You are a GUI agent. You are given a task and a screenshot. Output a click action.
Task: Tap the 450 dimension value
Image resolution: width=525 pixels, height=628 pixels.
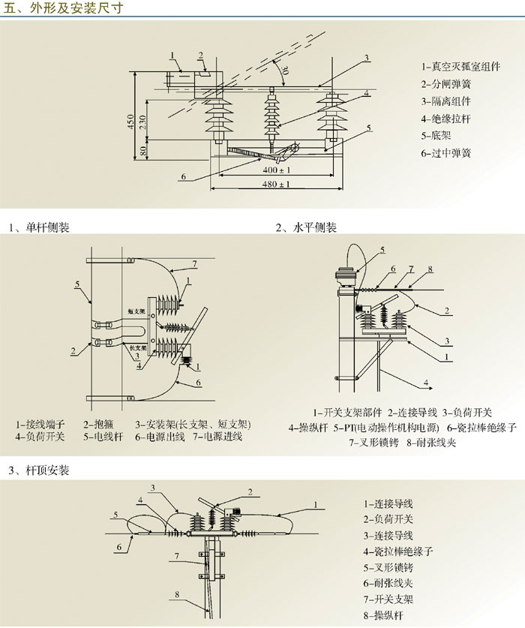coord(131,121)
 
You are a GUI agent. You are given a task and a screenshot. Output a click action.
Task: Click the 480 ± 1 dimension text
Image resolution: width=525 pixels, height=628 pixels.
coord(276,185)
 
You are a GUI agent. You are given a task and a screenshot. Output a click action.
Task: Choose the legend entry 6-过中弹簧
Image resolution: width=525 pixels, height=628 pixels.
coord(446,153)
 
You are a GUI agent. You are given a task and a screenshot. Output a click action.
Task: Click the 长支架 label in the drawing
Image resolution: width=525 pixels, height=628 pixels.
coord(137,348)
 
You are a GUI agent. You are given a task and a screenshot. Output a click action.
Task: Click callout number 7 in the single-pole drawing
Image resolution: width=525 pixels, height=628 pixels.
coord(194,263)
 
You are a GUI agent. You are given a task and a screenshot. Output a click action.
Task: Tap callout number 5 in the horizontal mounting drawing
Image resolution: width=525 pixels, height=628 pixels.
coord(381,250)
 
